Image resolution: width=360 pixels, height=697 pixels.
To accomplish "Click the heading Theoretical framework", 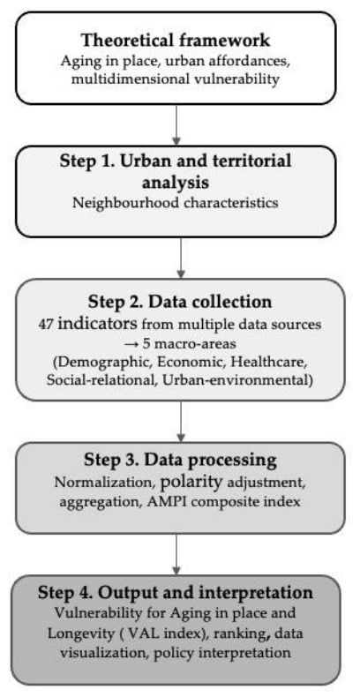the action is click(176, 40).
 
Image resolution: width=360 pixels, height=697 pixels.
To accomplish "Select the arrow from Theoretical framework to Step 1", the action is click(176, 125).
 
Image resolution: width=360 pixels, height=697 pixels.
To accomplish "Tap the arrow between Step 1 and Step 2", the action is click(181, 258).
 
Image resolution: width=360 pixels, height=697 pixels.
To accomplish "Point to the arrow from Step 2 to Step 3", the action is click(181, 422).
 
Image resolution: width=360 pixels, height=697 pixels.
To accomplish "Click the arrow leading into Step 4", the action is click(176, 554).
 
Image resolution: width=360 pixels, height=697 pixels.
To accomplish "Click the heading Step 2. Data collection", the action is click(180, 303).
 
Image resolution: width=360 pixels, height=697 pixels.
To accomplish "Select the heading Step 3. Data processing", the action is click(180, 460).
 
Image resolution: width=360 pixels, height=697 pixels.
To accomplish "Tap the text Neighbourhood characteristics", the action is click(176, 203).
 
